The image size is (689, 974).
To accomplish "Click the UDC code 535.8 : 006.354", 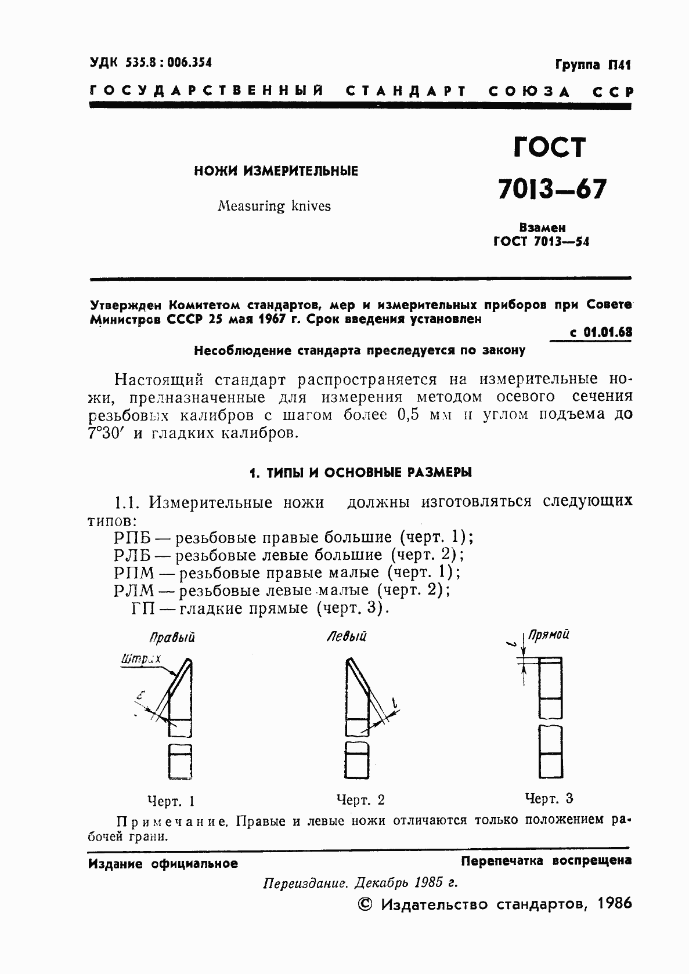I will point(151,62).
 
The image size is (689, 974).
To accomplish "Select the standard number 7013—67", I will point(552,189).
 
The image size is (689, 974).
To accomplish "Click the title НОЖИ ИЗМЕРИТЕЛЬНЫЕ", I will point(276,171).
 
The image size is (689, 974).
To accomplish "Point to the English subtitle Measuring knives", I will point(274,206).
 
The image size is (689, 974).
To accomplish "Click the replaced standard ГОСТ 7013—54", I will point(541,242).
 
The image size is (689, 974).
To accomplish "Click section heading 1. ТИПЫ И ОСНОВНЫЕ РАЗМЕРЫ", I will point(360,473).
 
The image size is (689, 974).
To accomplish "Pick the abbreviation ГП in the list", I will point(142,609).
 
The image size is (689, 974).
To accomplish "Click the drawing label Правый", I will point(172,638).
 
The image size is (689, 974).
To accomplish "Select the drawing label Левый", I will point(347,637).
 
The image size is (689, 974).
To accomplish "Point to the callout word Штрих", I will point(140,659).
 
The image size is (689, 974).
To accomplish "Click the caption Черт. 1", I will point(171,802).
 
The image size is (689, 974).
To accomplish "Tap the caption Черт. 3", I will point(549,799).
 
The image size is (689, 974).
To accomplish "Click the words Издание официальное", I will point(163,864).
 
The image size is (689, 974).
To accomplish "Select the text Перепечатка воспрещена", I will point(546,861).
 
